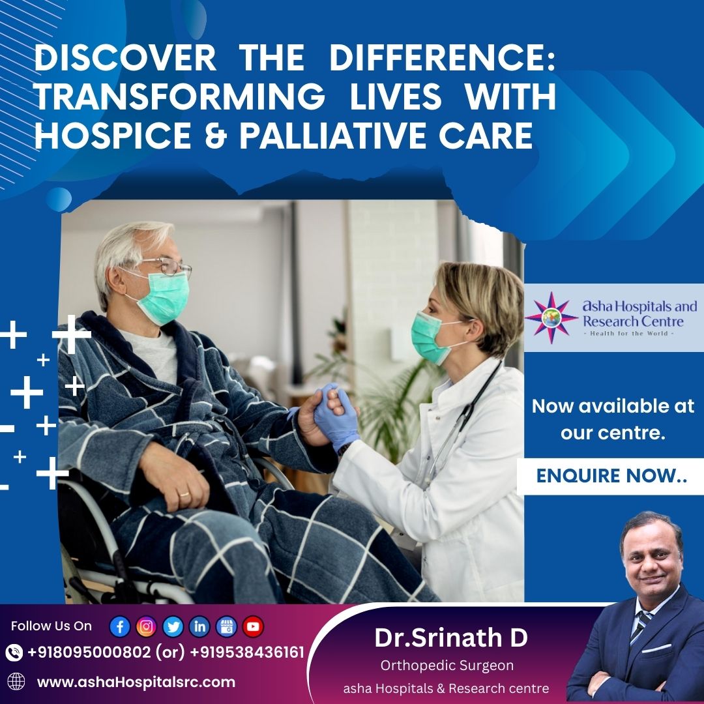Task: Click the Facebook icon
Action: tap(120, 626)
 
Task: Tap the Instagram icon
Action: tap(147, 626)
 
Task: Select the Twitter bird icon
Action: tap(173, 626)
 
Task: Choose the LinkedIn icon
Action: tap(199, 626)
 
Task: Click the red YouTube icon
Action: tap(253, 626)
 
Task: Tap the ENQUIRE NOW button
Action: tap(611, 476)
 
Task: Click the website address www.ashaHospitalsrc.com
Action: tap(136, 682)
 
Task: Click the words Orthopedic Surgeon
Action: tap(447, 666)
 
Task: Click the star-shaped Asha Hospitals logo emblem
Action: tap(551, 317)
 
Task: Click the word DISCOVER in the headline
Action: tap(125, 60)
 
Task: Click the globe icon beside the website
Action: tap(16, 682)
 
